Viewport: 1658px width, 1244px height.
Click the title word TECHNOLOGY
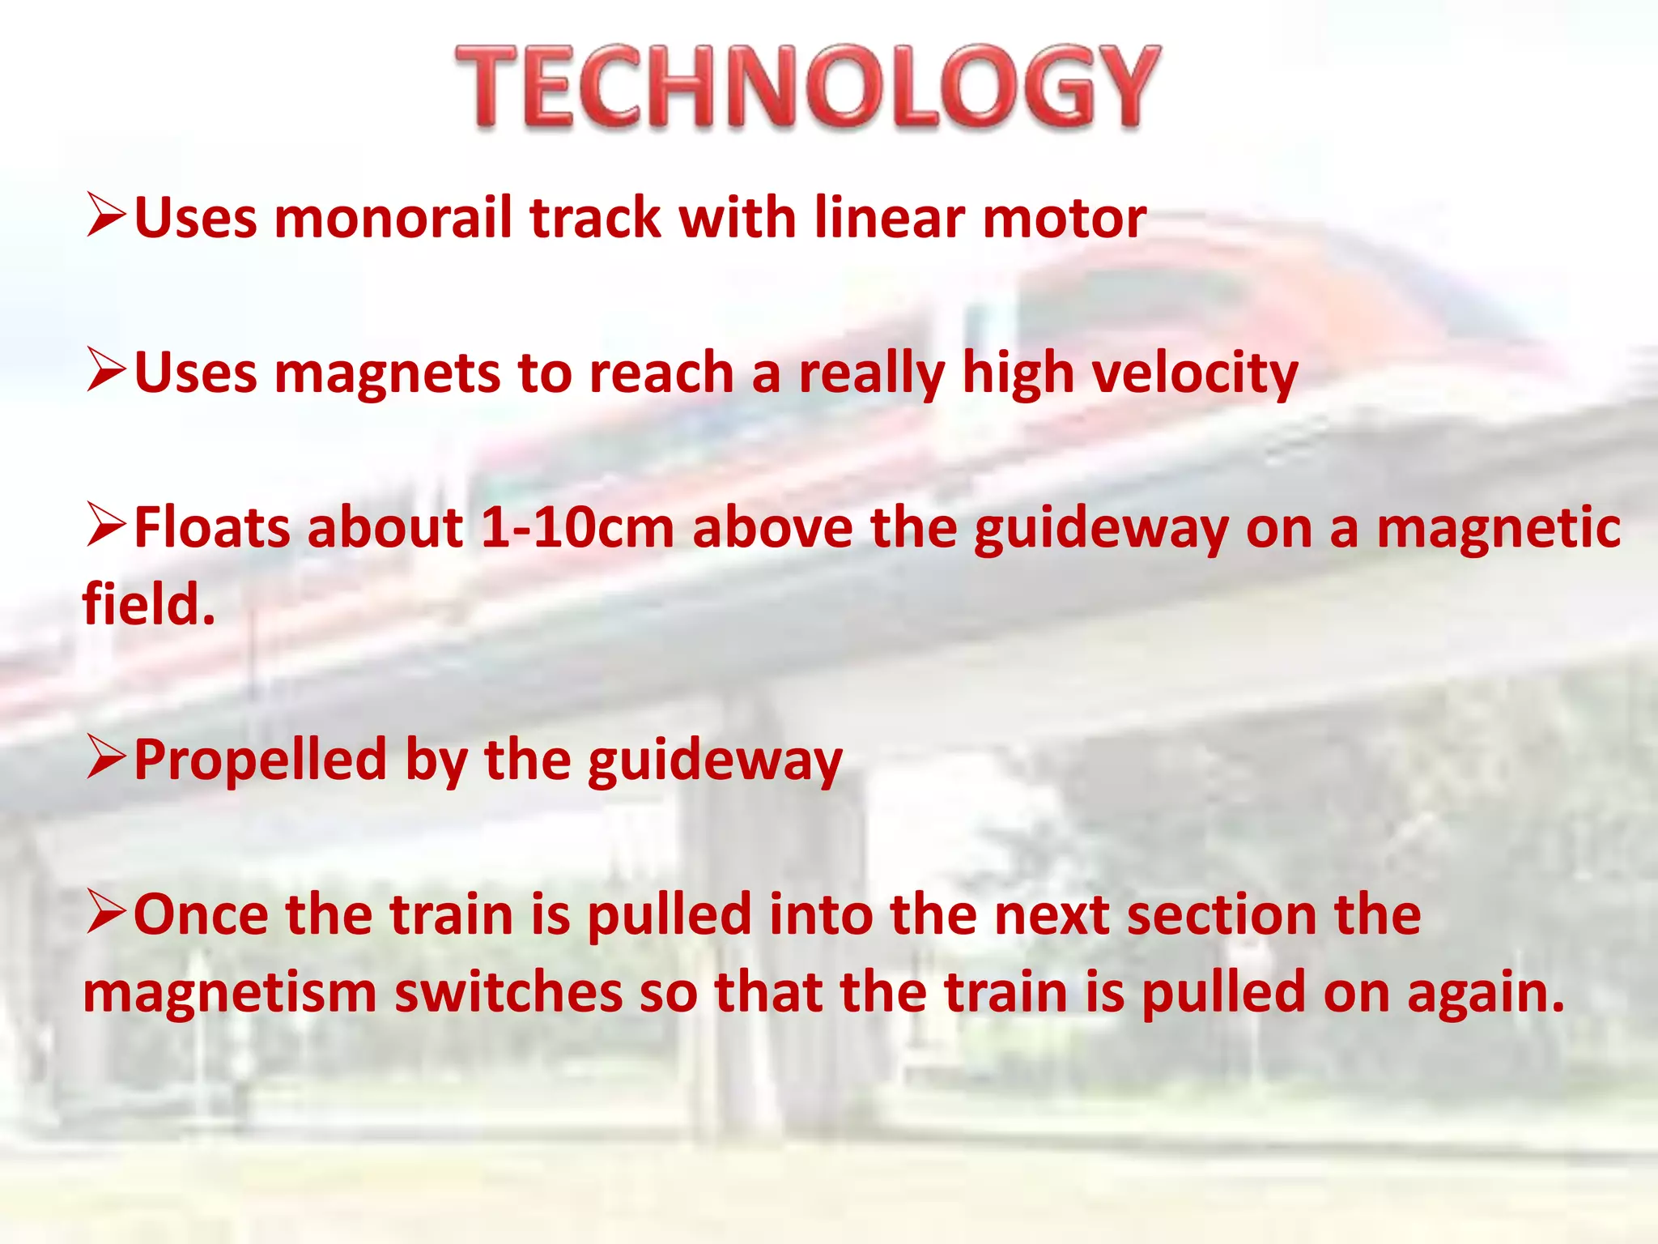[808, 87]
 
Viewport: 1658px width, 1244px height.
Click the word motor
[1064, 219]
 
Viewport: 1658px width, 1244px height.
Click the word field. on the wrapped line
[149, 604]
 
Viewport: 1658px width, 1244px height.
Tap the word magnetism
[230, 993]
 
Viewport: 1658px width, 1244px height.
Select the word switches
[508, 993]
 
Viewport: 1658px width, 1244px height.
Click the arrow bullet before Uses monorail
[105, 216]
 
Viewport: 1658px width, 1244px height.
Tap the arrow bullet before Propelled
[105, 758]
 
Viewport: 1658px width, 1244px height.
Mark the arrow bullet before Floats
[105, 525]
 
